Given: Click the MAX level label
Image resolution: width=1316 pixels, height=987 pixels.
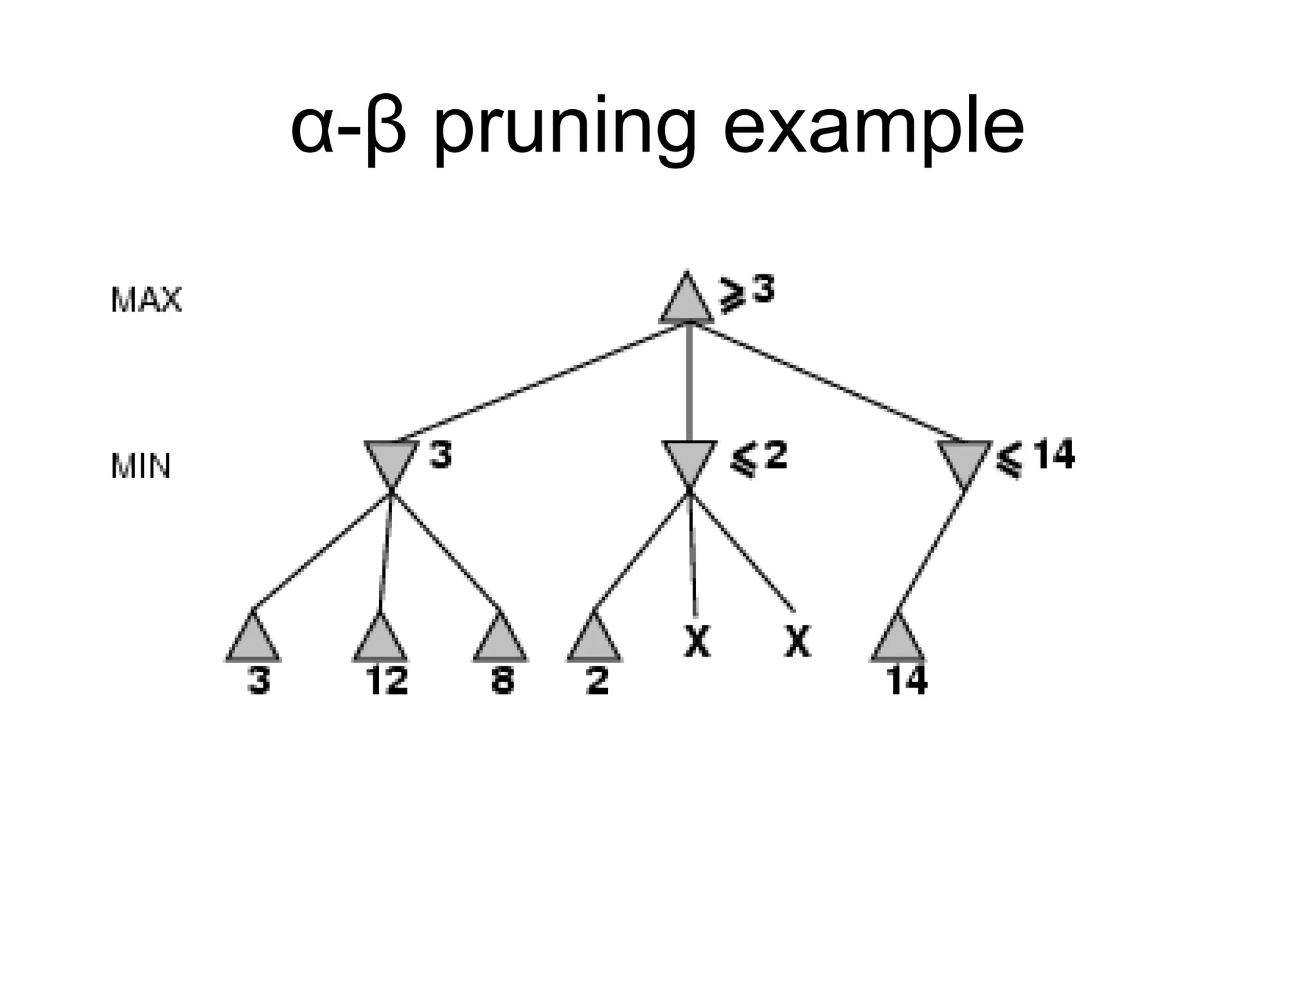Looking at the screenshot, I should (147, 300).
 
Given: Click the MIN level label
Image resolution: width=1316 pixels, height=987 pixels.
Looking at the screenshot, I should (141, 467).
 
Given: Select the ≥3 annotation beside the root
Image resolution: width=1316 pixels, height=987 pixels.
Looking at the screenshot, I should (747, 293).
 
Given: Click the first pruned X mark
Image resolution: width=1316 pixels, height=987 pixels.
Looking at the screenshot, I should (697, 641).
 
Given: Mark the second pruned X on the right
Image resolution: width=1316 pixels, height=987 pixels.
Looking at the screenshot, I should (797, 641).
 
